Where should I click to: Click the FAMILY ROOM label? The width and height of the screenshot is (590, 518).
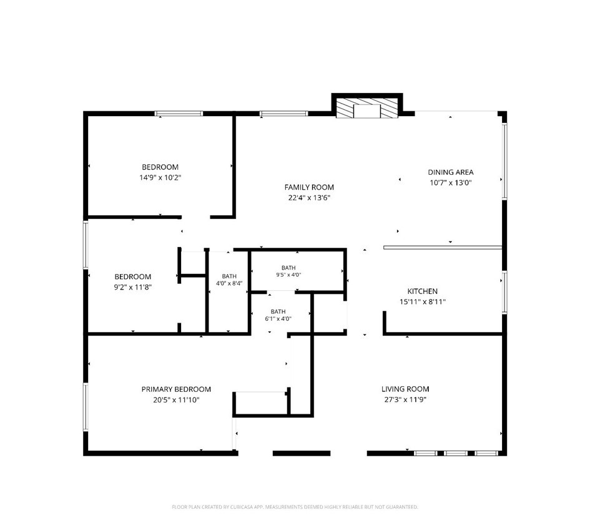point(309,187)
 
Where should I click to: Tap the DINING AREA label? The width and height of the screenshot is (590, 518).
point(450,172)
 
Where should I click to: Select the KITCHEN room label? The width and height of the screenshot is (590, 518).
point(422,291)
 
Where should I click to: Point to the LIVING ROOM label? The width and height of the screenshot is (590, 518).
point(405,389)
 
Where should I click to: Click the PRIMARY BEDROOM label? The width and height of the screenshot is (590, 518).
point(176,389)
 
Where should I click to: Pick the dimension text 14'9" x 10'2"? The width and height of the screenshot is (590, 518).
point(160,178)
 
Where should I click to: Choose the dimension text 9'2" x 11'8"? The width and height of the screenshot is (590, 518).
point(132,288)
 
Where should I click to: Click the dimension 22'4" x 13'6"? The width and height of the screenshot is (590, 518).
point(309,197)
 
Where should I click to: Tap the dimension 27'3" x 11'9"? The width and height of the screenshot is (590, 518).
point(405,399)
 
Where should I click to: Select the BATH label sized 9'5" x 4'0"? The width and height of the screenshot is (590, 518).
point(288,268)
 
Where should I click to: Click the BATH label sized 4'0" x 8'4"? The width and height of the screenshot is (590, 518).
point(229,276)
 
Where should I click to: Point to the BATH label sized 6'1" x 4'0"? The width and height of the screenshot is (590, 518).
point(278,311)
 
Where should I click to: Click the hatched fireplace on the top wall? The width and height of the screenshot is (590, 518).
point(367,109)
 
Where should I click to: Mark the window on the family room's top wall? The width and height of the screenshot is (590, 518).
point(283,113)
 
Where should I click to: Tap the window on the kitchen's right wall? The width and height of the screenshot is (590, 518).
point(504,292)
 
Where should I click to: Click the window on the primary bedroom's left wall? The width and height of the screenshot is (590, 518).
point(86,407)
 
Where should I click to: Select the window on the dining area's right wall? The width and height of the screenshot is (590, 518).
point(504,162)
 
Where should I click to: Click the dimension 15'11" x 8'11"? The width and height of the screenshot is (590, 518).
point(422,301)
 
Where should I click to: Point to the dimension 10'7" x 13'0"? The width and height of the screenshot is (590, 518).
point(450,183)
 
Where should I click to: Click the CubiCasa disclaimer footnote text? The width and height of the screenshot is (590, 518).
point(295,507)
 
